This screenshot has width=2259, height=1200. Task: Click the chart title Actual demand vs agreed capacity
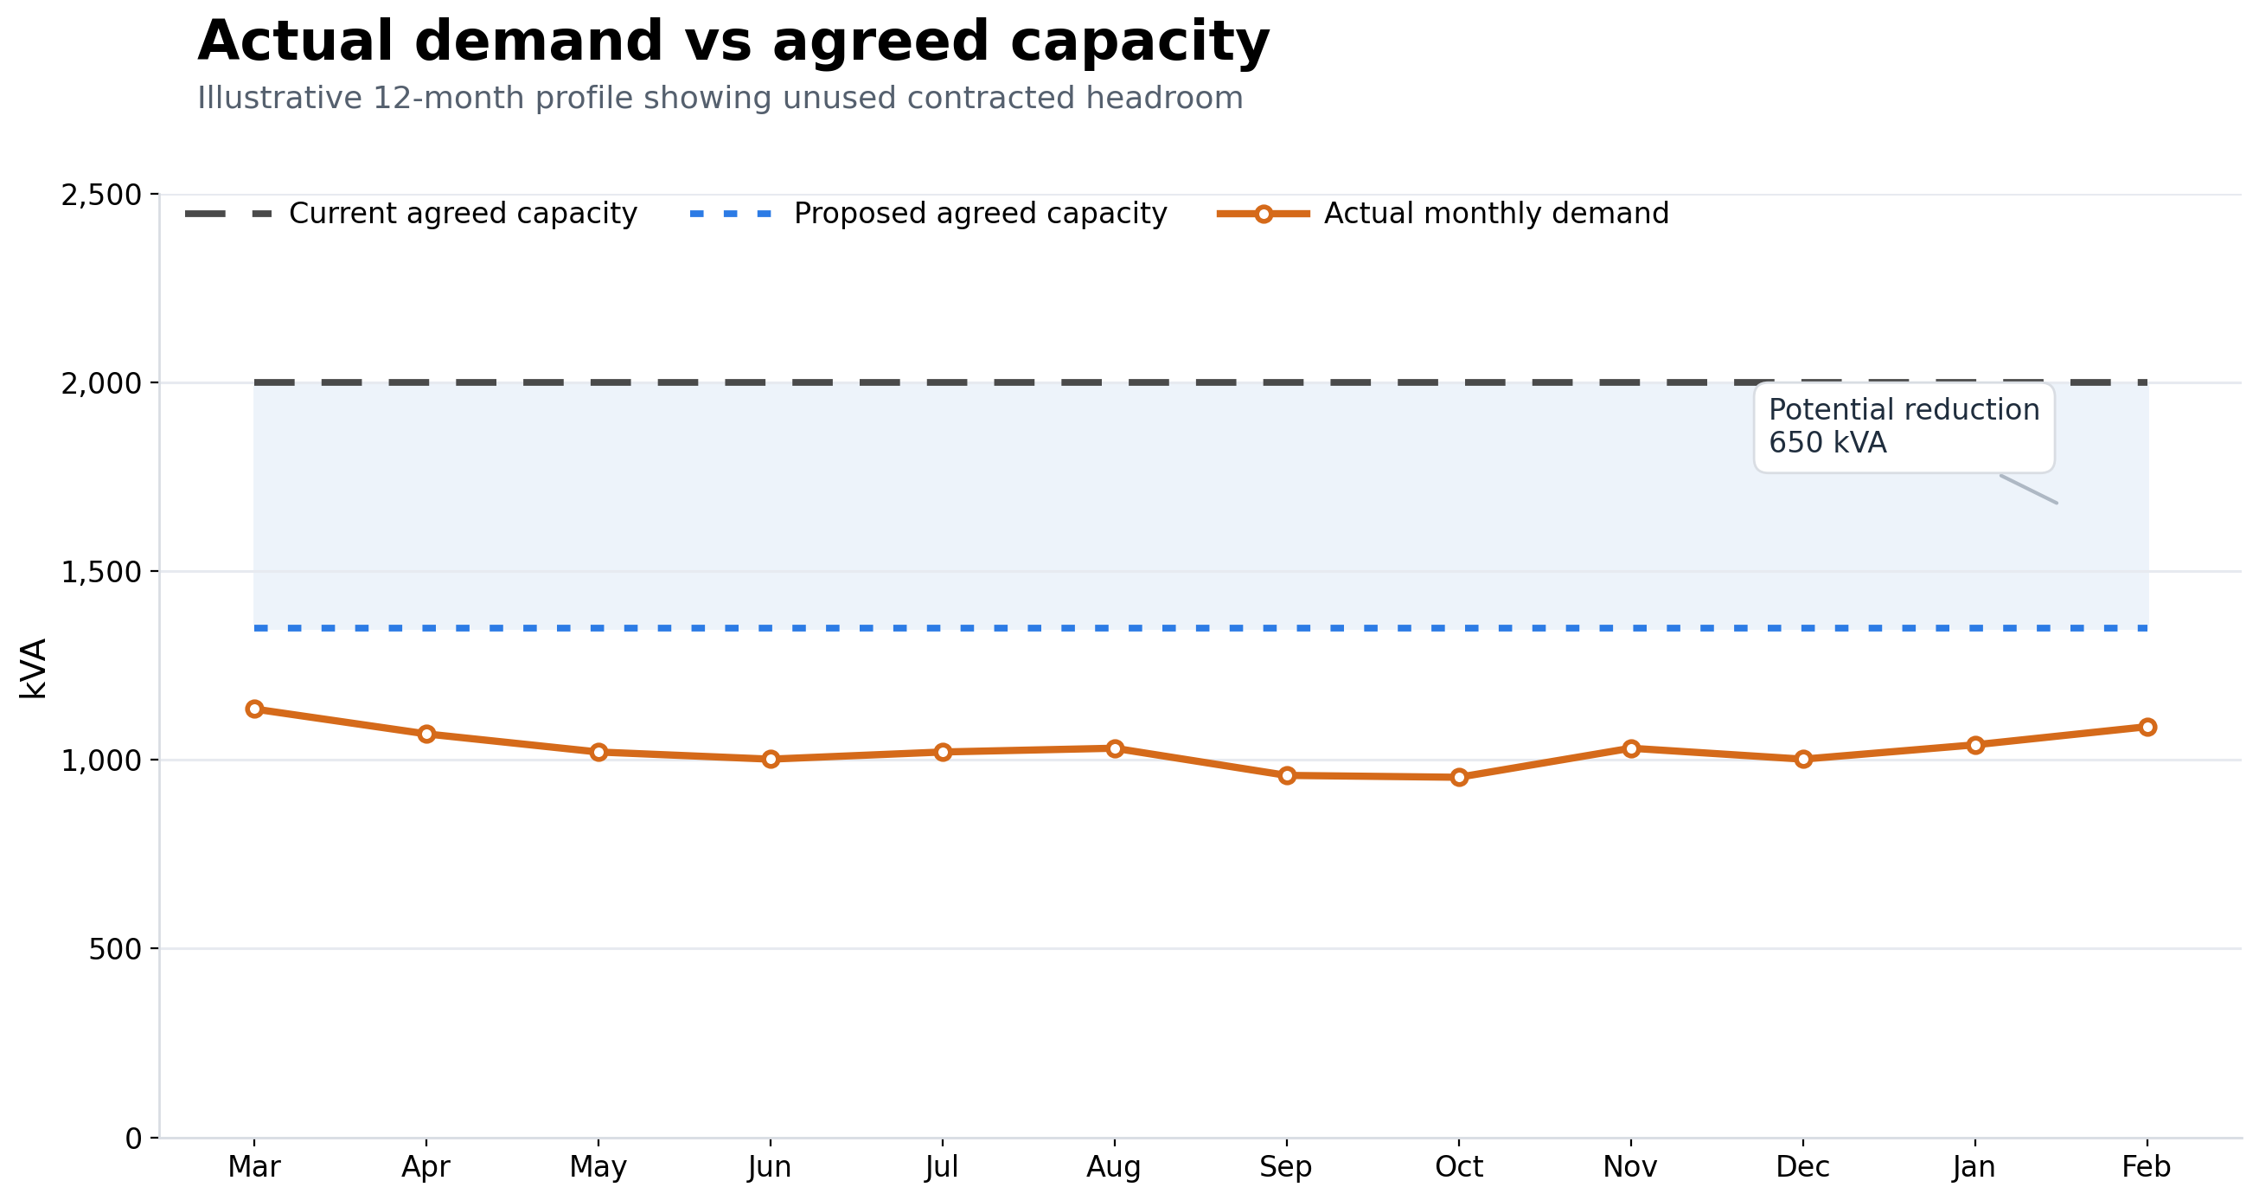pyautogui.click(x=733, y=42)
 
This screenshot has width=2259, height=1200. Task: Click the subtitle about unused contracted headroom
pyautogui.click(x=719, y=98)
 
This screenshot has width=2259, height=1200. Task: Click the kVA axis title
pyautogui.click(x=34, y=669)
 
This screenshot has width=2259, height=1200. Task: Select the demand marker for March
pyautogui.click(x=254, y=709)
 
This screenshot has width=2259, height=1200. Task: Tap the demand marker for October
pyautogui.click(x=1459, y=777)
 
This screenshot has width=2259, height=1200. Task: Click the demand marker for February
pyautogui.click(x=2147, y=728)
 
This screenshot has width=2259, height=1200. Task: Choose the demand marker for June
pyautogui.click(x=771, y=759)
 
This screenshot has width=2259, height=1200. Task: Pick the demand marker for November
pyautogui.click(x=1631, y=748)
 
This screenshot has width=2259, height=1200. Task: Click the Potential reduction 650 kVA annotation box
pyautogui.click(x=1904, y=427)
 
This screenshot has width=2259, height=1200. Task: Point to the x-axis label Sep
pyautogui.click(x=1285, y=1167)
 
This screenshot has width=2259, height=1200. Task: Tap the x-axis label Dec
pyautogui.click(x=1803, y=1167)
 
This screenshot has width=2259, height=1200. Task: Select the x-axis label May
pyautogui.click(x=598, y=1167)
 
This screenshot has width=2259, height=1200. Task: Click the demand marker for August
pyautogui.click(x=1115, y=748)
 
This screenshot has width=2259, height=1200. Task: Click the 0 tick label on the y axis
pyautogui.click(x=133, y=1139)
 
